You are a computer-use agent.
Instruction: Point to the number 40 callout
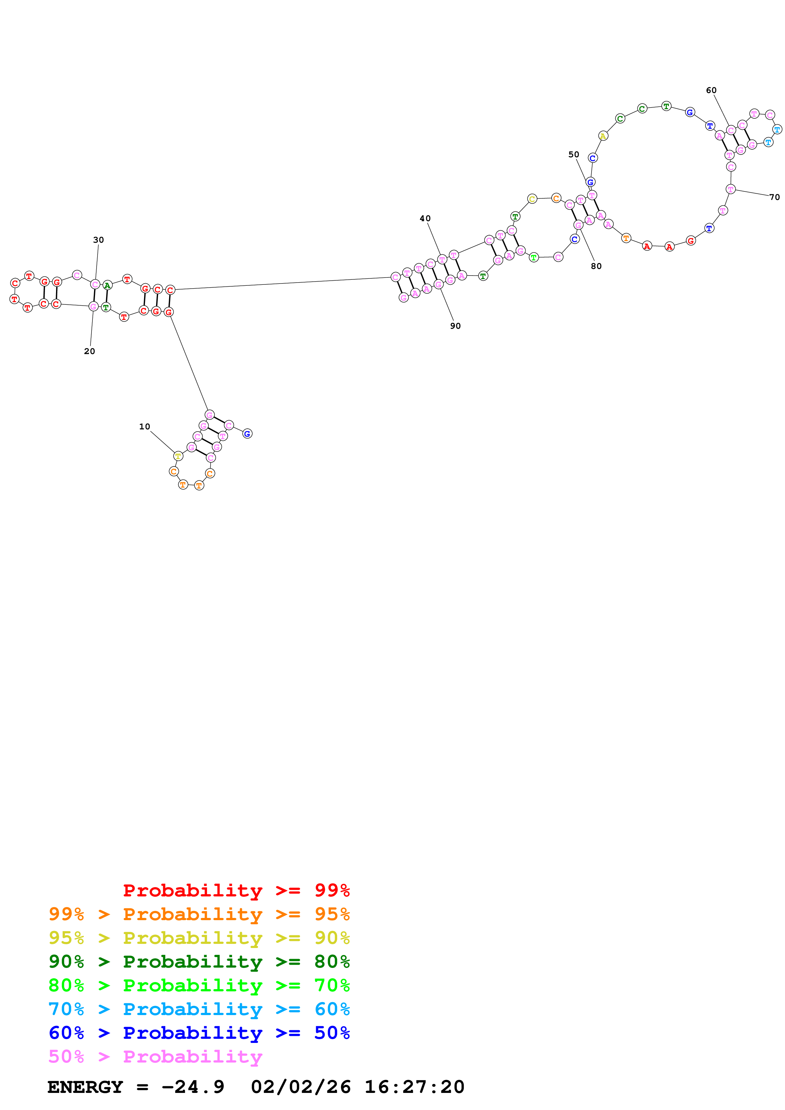[425, 219]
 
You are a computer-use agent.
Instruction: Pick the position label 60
[711, 90]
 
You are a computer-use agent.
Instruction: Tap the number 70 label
[774, 197]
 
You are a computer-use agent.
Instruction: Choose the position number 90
[455, 326]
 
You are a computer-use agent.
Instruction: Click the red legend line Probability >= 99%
[236, 890]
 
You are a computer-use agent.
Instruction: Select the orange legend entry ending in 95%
[199, 914]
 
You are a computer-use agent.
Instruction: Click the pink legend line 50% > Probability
[155, 1056]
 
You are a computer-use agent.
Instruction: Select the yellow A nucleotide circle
[603, 136]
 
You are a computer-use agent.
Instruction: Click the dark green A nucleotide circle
[107, 285]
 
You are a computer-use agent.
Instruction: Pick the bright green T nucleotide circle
[534, 258]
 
